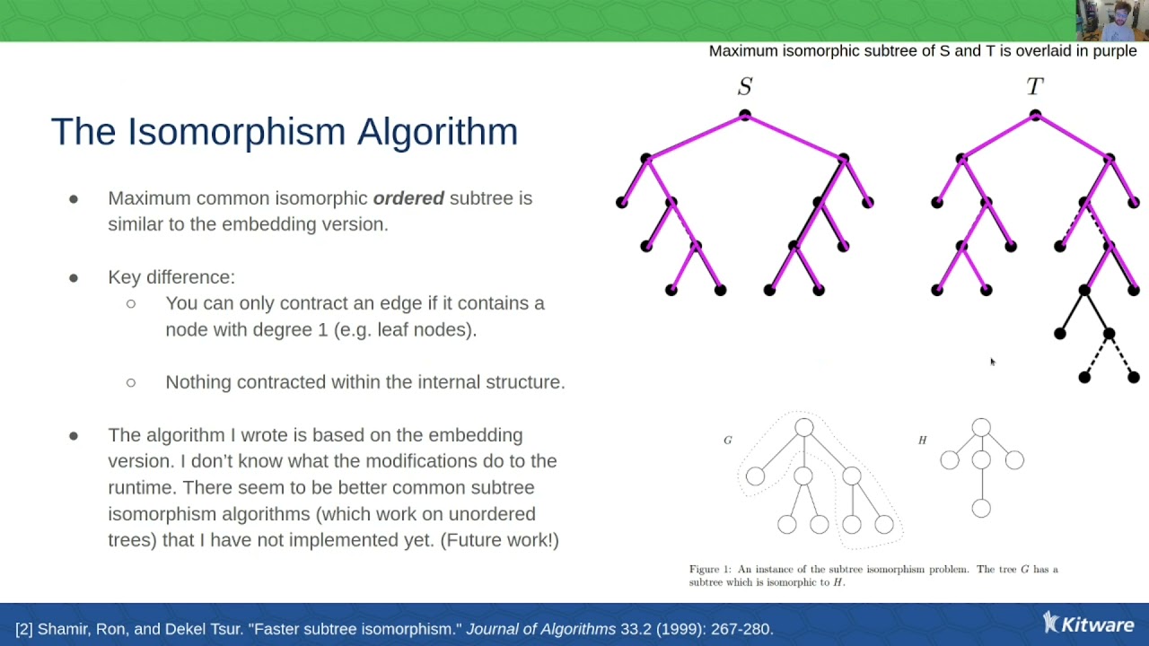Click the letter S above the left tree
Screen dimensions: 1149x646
click(745, 86)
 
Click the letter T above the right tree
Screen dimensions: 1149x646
click(1035, 86)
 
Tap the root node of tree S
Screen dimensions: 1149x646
click(745, 115)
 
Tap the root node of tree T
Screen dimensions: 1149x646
click(1035, 115)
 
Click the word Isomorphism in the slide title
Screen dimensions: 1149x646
click(236, 132)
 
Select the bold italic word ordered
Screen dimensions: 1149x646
click(408, 198)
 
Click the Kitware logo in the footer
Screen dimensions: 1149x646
click(1088, 624)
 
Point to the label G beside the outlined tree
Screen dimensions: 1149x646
click(728, 440)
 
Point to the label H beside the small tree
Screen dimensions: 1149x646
click(922, 440)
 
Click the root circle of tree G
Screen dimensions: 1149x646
click(803, 428)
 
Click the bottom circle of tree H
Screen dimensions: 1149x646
click(981, 509)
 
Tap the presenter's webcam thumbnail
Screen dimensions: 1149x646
click(1112, 21)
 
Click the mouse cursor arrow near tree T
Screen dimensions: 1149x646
click(993, 362)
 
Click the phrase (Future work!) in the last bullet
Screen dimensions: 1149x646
click(500, 540)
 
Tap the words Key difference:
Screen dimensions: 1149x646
click(171, 277)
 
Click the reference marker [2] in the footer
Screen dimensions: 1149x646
click(24, 629)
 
